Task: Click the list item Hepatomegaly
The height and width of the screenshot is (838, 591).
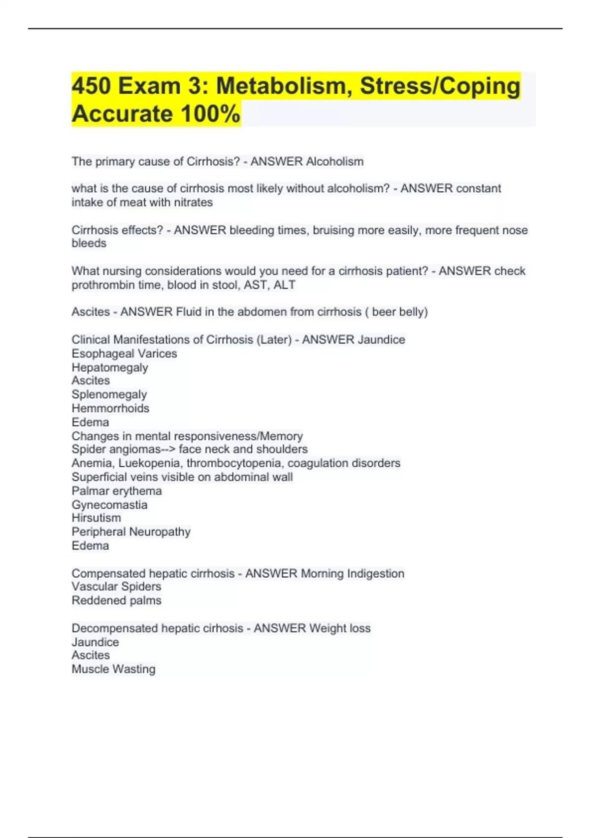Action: (x=110, y=368)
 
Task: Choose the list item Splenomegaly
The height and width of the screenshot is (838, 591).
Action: (x=109, y=395)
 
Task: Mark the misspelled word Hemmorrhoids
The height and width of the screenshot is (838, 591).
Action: (x=110, y=408)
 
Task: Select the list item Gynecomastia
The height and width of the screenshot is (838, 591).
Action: (x=109, y=505)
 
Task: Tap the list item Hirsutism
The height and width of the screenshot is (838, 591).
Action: (x=96, y=518)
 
